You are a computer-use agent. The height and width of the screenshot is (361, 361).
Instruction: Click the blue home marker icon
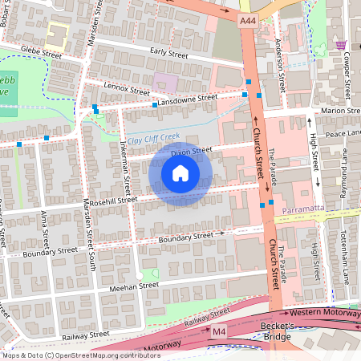(180, 173)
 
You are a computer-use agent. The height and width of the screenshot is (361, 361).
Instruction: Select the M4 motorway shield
(219, 331)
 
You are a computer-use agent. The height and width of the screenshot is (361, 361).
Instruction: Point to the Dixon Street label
(191, 150)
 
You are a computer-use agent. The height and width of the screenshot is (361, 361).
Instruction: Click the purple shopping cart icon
(343, 45)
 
